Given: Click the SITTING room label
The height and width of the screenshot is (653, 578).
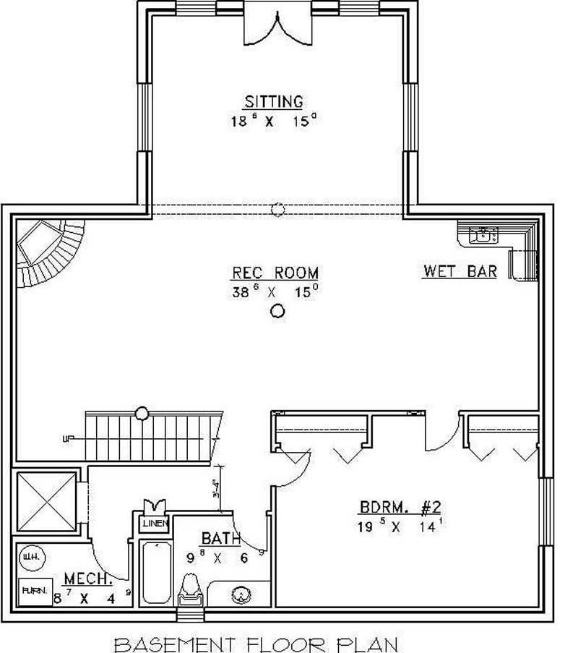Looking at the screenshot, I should coord(273,101).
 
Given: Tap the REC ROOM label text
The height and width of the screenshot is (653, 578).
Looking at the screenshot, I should coord(275,273).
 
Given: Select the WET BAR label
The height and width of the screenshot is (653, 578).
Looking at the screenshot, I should coord(460,271).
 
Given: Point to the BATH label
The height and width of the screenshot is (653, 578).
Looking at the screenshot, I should coord(216,538).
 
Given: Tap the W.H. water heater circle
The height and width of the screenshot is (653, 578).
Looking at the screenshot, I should coord(30,557).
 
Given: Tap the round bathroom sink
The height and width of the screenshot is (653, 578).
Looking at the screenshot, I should coord(241,595).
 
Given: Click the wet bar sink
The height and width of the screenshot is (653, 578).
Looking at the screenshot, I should coord(482,234).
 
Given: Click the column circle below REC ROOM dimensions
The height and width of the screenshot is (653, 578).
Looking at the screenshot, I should coord(277,312).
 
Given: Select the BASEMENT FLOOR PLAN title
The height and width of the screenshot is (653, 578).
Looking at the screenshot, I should coord(256,642).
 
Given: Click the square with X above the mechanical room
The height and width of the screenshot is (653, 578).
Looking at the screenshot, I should coord(46,502).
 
